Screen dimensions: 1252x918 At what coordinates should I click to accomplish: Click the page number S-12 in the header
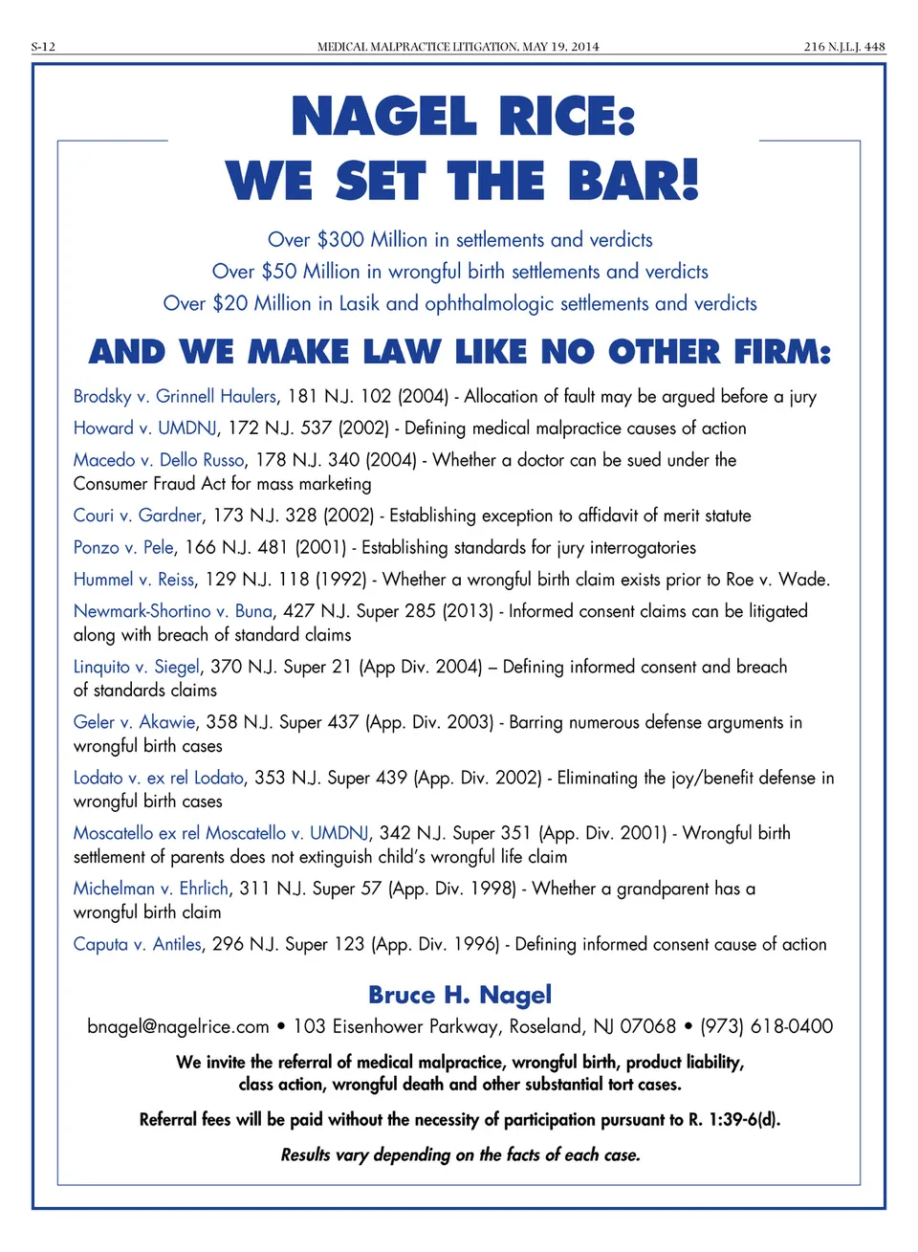[x=43, y=46]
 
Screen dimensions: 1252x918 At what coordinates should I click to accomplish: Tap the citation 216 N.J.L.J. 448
[x=844, y=46]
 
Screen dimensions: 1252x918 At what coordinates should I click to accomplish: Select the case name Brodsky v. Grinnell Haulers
[x=175, y=396]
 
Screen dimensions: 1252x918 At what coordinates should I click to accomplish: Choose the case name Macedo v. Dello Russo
[x=159, y=460]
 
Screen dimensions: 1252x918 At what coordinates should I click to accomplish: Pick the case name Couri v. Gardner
[x=138, y=516]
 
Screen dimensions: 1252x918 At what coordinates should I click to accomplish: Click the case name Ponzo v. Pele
[x=123, y=547]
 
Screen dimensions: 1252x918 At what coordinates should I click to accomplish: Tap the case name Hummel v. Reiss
[x=134, y=579]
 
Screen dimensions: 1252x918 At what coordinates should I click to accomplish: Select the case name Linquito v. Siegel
[x=137, y=667]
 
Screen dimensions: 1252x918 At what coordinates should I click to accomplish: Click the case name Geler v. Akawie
[x=134, y=722]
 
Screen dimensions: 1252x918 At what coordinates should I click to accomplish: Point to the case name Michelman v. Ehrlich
[x=151, y=889]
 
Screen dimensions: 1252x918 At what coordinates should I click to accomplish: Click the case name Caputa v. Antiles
[x=138, y=944]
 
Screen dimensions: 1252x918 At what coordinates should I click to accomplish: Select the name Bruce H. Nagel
[x=460, y=995]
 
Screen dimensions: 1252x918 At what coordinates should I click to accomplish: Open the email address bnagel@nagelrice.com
[x=178, y=1026]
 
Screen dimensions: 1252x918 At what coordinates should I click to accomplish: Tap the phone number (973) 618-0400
[x=766, y=1026]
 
